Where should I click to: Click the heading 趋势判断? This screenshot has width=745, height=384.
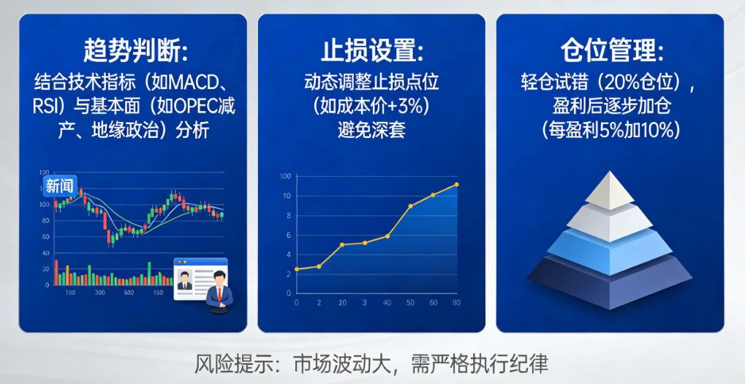click(135, 52)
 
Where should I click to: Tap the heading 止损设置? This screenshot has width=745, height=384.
click(372, 52)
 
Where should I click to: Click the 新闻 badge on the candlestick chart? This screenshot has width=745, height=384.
click(59, 186)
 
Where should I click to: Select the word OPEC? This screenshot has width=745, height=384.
click(197, 106)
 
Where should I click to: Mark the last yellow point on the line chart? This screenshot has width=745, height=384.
click(457, 184)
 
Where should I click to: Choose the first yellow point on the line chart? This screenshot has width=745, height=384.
click(296, 269)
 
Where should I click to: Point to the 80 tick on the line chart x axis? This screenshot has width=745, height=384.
click(457, 302)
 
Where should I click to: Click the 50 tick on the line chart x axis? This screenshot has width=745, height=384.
click(410, 302)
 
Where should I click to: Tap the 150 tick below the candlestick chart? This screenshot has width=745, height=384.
click(157, 293)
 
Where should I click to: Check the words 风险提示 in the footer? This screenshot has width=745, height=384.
click(233, 363)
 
